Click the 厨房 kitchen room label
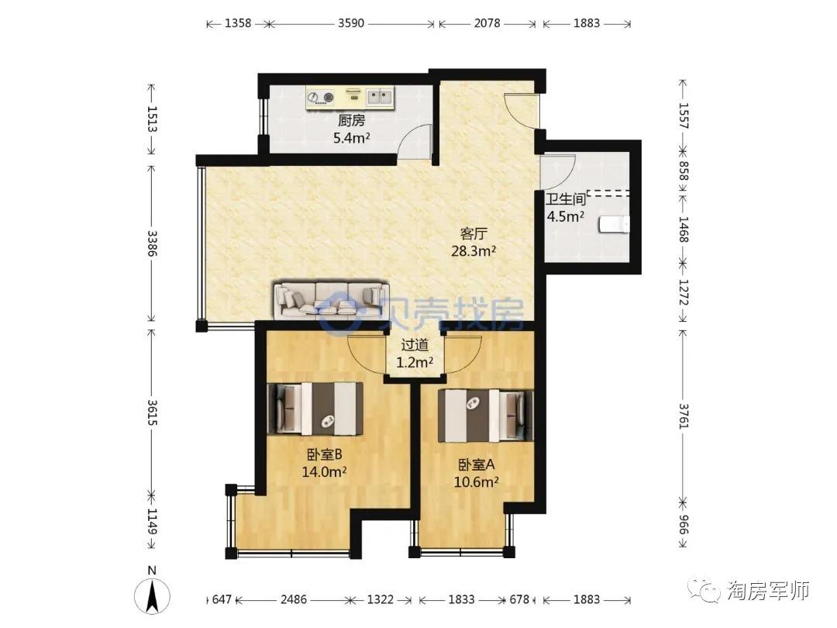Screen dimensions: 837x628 click(351, 120)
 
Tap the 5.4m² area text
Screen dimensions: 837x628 click(351, 138)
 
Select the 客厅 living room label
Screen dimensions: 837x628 click(474, 234)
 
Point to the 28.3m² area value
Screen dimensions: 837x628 click(474, 251)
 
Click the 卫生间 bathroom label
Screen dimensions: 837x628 click(565, 200)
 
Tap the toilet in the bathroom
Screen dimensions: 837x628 click(615, 224)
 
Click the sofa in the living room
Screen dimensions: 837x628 click(329, 300)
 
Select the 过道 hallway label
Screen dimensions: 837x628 click(415, 345)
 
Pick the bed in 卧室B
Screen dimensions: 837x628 click(315, 409)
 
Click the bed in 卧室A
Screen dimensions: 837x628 click(485, 416)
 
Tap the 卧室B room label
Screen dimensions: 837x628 click(324, 454)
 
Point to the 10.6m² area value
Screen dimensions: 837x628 click(476, 482)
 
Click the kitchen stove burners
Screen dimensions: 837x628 click(320, 97)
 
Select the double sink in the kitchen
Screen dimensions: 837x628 click(379, 97)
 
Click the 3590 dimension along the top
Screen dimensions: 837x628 click(351, 23)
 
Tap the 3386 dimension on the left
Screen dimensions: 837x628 click(152, 243)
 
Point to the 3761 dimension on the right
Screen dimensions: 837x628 click(684, 416)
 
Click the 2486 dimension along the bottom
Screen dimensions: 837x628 click(294, 599)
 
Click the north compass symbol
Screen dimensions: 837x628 click(152, 592)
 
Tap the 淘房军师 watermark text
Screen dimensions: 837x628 click(769, 591)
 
